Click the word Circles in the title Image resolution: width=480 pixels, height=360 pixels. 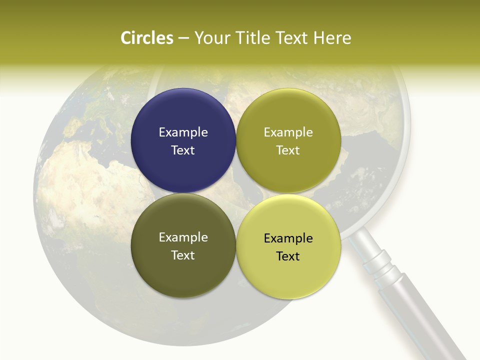(146, 38)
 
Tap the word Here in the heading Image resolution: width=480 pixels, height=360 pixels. (332, 38)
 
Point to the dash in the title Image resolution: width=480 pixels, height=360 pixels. (183, 38)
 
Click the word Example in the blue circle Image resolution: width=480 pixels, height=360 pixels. (183, 132)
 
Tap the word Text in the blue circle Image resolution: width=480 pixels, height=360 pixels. (183, 150)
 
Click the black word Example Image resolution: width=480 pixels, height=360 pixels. (288, 238)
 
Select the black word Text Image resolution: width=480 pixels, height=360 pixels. (288, 256)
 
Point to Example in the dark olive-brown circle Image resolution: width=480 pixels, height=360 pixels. (183, 237)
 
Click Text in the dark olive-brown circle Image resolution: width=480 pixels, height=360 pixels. (183, 255)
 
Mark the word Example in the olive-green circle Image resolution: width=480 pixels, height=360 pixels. (288, 132)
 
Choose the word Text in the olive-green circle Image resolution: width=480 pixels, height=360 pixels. (288, 150)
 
